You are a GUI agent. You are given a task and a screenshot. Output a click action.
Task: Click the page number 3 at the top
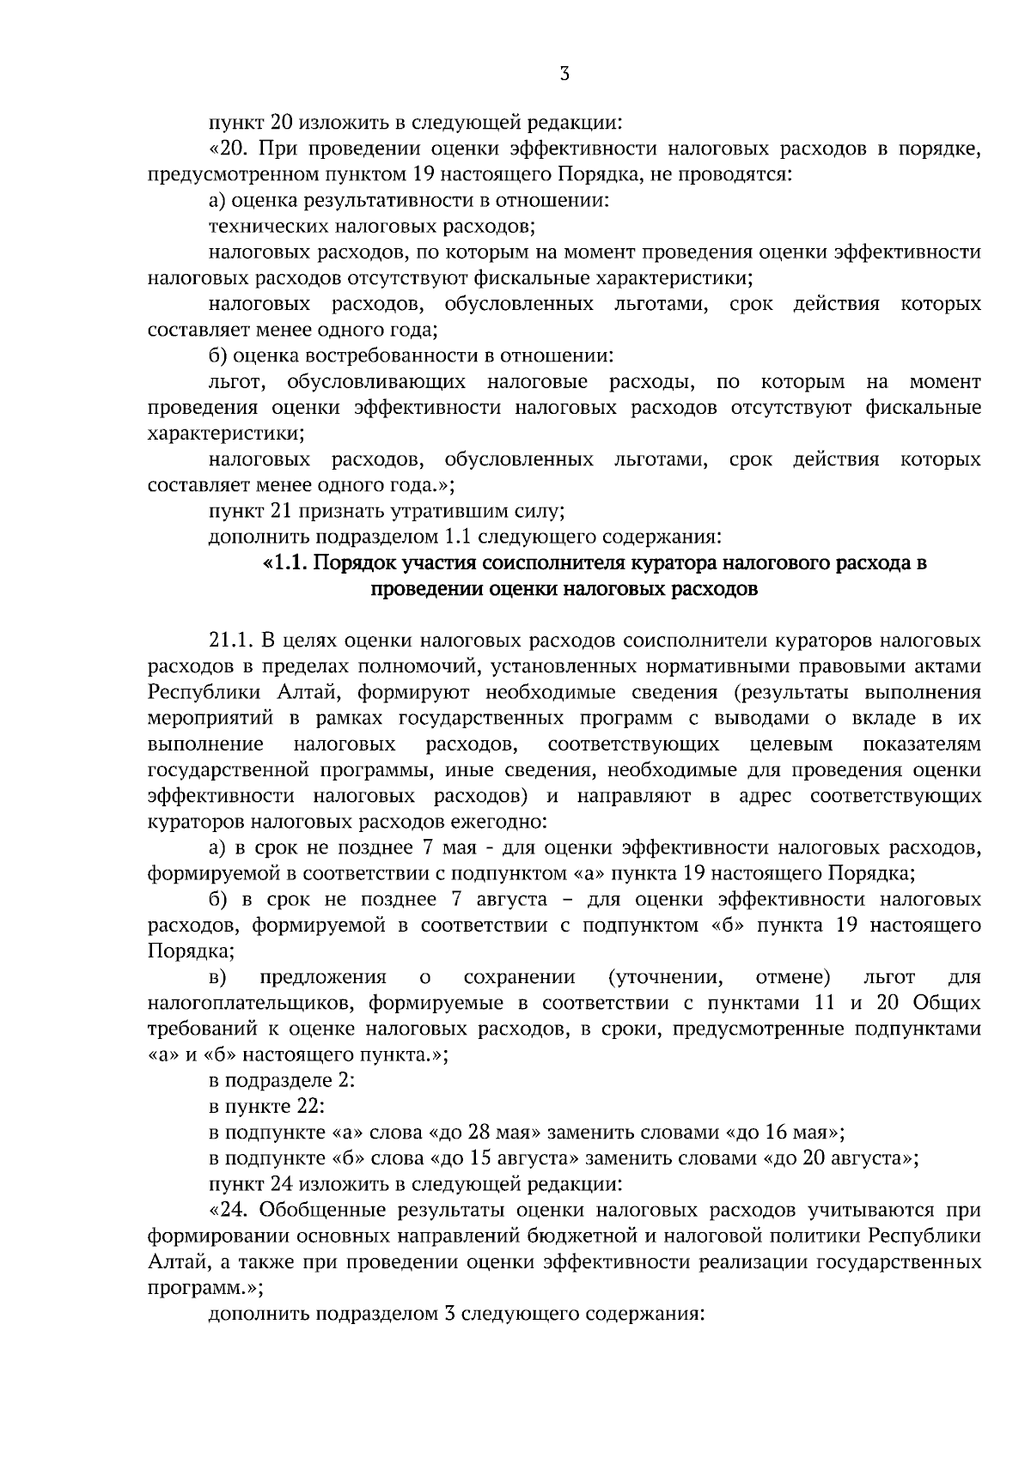click(x=564, y=74)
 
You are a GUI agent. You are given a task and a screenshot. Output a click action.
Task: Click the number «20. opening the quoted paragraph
click(x=228, y=149)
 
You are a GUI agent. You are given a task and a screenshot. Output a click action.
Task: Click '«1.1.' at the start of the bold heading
click(x=284, y=564)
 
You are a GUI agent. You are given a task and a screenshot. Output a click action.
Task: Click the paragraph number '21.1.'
click(x=228, y=641)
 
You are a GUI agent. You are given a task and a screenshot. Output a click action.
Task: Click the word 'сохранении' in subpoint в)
click(x=519, y=977)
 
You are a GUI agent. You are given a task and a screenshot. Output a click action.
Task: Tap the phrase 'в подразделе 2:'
click(x=282, y=1080)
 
